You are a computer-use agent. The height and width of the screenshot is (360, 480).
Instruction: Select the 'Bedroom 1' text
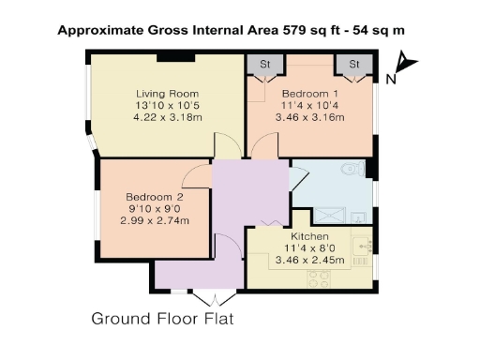click(308, 94)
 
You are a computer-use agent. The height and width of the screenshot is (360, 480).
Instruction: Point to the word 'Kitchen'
click(308, 236)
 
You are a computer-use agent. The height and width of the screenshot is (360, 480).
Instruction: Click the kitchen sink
click(365, 247)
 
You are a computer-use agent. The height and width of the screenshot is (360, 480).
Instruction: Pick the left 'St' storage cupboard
click(263, 65)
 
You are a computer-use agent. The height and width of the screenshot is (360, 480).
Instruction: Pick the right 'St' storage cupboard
click(354, 65)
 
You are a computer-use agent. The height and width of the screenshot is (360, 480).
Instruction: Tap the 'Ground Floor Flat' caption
click(160, 319)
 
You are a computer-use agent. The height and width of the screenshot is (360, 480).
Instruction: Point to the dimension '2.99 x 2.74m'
click(155, 220)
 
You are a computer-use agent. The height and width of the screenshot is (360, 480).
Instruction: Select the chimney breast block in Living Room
click(170, 57)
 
